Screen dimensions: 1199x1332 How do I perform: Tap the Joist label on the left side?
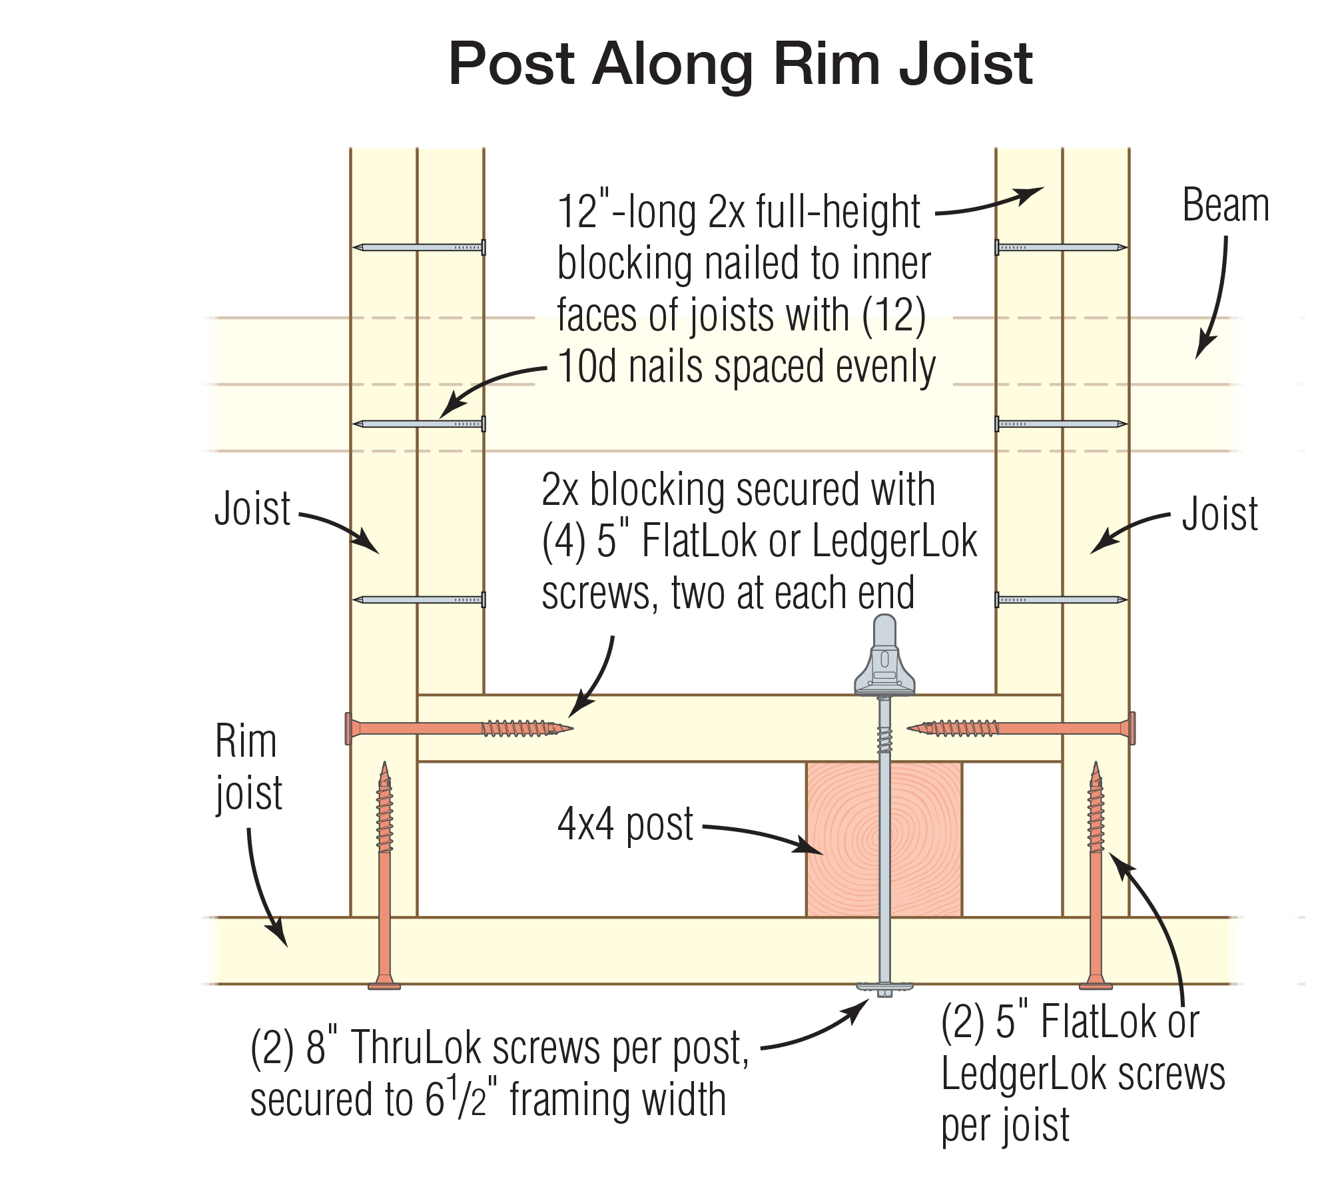(x=252, y=509)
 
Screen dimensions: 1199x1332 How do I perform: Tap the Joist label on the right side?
(x=1219, y=514)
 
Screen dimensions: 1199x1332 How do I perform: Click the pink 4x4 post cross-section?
(x=846, y=839)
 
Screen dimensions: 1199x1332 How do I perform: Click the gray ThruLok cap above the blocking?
(x=884, y=656)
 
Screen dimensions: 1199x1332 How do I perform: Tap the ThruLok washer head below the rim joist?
(x=884, y=987)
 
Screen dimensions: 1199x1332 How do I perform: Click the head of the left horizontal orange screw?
(x=349, y=728)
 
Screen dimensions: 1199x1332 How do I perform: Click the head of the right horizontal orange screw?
(x=1132, y=728)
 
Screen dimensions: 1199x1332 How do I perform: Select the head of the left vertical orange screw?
(x=384, y=984)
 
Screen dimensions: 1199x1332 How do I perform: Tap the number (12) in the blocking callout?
(x=894, y=316)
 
